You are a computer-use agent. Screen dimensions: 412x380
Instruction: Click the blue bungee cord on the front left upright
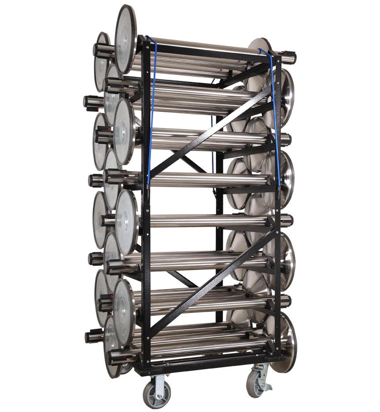(x=152, y=110)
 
